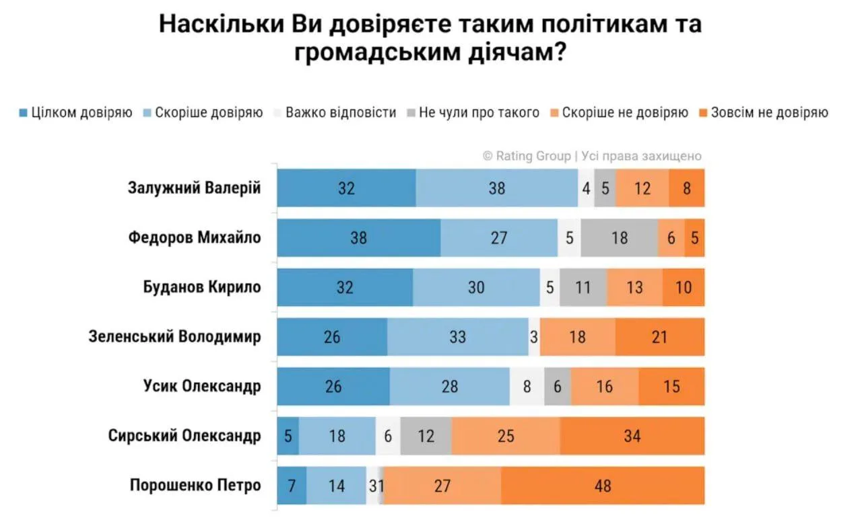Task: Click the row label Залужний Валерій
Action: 195,188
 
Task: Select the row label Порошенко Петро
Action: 195,485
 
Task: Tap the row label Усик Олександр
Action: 202,386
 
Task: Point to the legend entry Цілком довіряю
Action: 76,112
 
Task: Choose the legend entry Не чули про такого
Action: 473,112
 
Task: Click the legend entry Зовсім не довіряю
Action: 764,112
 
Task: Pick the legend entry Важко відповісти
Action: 335,112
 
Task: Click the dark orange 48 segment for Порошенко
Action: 603,486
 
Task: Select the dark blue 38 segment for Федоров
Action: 359,238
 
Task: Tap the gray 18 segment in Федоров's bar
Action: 620,238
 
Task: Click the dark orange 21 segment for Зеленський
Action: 659,336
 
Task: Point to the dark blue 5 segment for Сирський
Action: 288,436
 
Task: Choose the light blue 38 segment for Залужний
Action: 497,188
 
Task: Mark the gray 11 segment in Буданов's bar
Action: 583,287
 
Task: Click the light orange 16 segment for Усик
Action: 605,386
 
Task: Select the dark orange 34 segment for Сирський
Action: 632,436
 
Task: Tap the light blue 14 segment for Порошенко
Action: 336,486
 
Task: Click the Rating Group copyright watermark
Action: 592,156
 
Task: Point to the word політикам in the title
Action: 604,24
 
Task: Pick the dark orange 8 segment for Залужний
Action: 686,188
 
